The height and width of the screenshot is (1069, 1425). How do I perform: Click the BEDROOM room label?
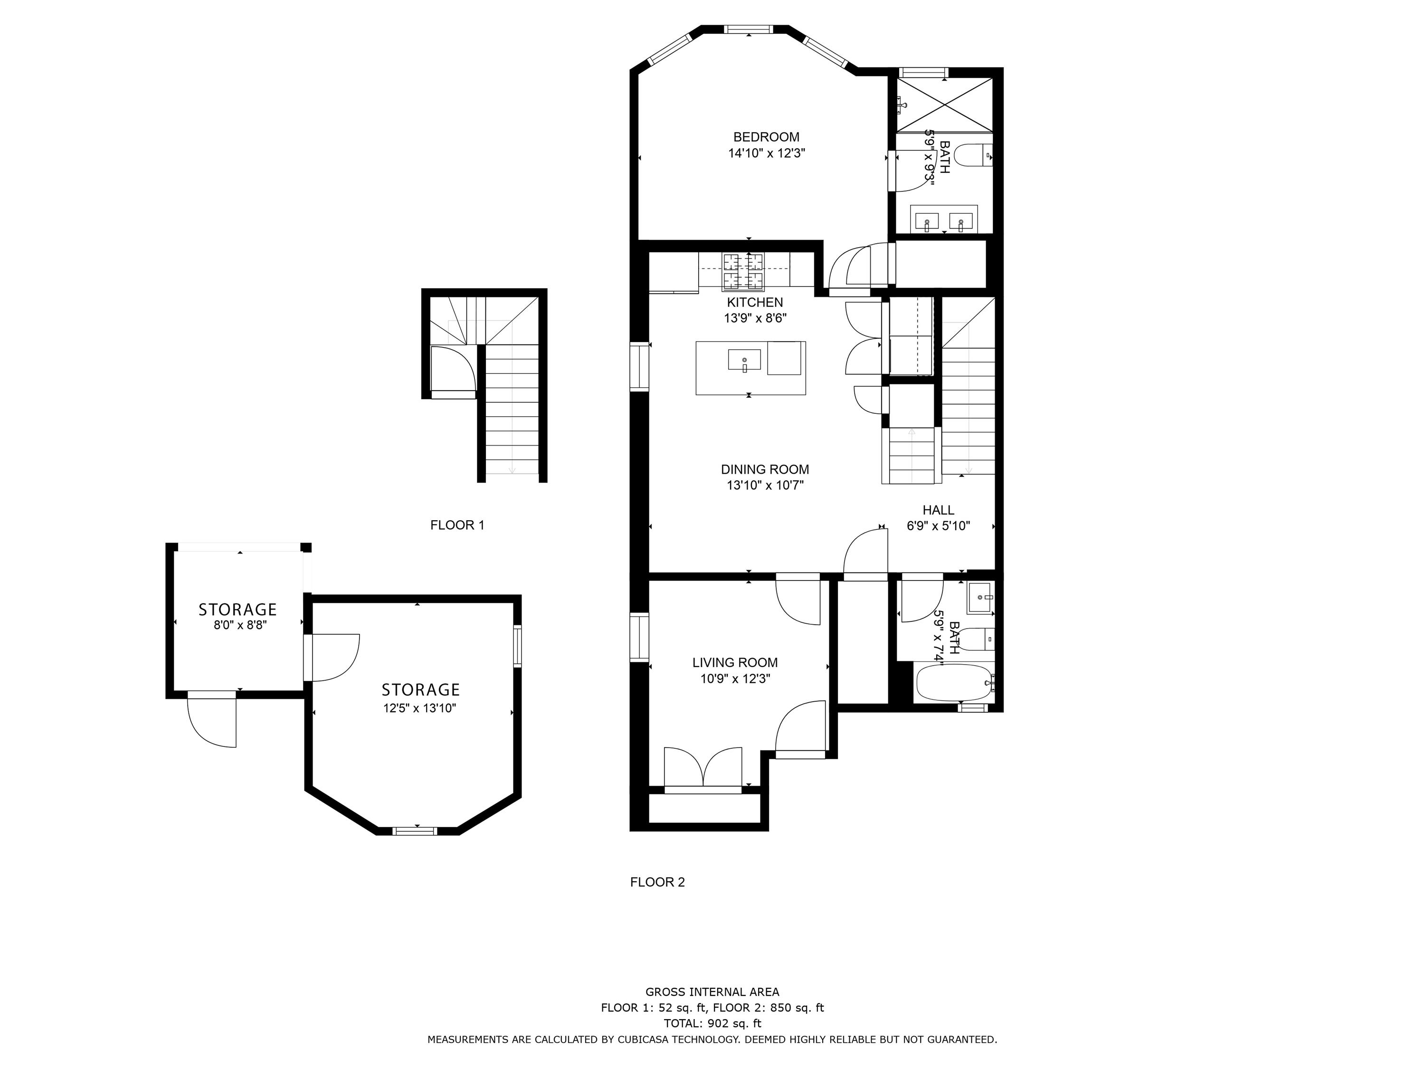[766, 137]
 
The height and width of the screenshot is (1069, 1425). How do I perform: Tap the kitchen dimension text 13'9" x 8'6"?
[755, 318]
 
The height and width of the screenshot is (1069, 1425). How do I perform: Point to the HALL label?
[938, 510]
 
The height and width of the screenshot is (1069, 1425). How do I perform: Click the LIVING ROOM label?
[735, 662]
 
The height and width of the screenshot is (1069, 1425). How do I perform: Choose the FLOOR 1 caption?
[457, 525]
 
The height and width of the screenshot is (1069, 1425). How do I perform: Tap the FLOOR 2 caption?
[657, 882]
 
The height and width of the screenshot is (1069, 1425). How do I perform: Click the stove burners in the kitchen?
[743, 271]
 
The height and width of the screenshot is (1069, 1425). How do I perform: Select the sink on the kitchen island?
[744, 360]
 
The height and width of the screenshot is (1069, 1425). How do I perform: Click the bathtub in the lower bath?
[955, 683]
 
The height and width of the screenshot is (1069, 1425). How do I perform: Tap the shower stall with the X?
[944, 105]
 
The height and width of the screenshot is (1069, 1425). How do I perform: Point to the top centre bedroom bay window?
[748, 29]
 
